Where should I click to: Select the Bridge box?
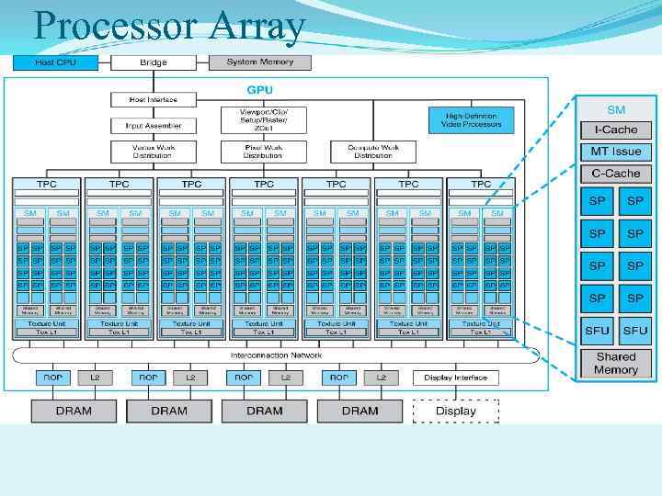(153, 62)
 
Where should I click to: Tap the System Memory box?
(260, 62)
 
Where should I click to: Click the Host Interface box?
(153, 99)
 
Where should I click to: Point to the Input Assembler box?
(153, 125)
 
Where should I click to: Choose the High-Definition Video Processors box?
(471, 120)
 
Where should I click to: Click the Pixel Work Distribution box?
(263, 151)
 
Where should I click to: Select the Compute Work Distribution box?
(372, 151)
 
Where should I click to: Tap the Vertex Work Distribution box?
(153, 151)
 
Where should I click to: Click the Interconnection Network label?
(276, 355)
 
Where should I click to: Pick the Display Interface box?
(455, 378)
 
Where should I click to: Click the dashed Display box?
(455, 411)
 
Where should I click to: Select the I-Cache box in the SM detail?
(615, 130)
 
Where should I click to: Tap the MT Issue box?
(615, 152)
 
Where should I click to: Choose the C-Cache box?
(615, 173)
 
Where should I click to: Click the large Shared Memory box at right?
(615, 363)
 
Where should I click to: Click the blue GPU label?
(258, 89)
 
